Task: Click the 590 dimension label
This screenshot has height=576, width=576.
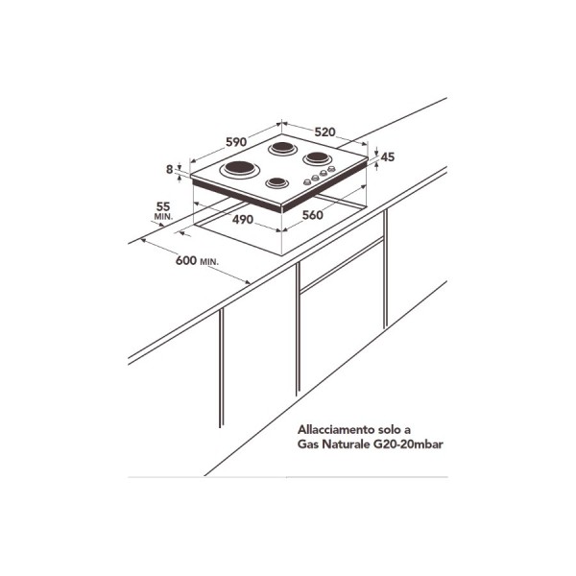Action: (x=236, y=142)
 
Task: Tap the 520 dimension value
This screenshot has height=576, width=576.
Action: (x=325, y=132)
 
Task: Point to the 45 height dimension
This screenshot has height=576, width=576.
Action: (x=388, y=156)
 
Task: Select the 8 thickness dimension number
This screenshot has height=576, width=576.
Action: (x=169, y=169)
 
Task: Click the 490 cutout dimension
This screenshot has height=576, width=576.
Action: (x=243, y=219)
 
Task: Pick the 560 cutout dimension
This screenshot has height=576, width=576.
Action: (x=313, y=215)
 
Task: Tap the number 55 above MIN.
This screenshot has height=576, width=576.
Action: (x=163, y=206)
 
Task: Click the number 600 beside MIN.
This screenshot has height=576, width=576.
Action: (x=186, y=260)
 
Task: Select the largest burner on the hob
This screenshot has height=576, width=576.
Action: (x=240, y=169)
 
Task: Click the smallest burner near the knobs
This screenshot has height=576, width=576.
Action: (x=277, y=182)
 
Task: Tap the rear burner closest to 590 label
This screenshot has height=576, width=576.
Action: (x=281, y=149)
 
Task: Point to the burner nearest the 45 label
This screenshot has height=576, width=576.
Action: (x=317, y=158)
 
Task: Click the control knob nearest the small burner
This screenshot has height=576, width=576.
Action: (x=306, y=181)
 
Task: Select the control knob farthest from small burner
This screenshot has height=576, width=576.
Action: (x=332, y=169)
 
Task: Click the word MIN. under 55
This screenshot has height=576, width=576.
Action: (x=163, y=217)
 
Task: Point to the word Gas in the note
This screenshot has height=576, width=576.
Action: (x=308, y=444)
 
